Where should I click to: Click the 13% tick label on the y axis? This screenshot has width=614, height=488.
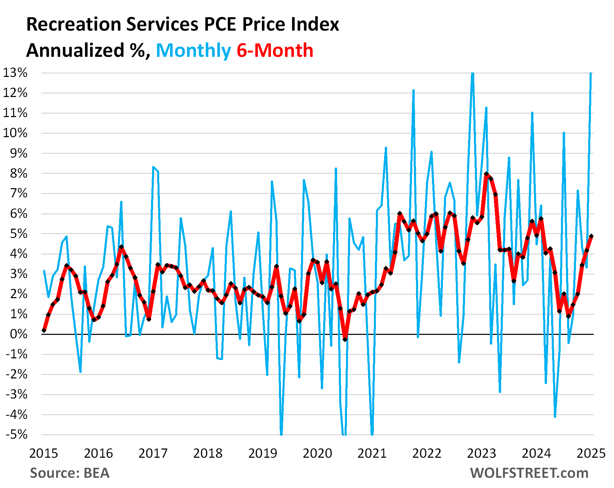[x=15, y=73]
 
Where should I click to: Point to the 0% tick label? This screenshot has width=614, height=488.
[x=18, y=334]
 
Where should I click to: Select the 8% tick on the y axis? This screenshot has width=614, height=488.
[x=18, y=173]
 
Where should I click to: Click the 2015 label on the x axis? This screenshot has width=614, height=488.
[x=44, y=454]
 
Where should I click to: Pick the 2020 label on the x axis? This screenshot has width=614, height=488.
[x=317, y=454]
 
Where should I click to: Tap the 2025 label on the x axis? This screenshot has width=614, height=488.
[x=591, y=454]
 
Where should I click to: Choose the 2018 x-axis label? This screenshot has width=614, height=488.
[x=208, y=454]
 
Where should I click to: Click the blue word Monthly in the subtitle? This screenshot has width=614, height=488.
[x=193, y=51]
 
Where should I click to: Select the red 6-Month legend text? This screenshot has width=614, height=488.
[x=275, y=51]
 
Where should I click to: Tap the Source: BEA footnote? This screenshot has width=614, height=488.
[x=70, y=473]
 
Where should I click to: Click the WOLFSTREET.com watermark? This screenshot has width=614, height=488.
[x=529, y=473]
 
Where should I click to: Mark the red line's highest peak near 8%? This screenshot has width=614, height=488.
[x=486, y=174]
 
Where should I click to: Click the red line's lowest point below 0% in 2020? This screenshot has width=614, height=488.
[x=345, y=339]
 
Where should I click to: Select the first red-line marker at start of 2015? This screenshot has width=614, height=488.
[x=44, y=330]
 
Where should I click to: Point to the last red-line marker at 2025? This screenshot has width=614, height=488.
[x=591, y=236]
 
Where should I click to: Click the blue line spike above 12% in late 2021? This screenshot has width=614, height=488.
[x=413, y=91]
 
